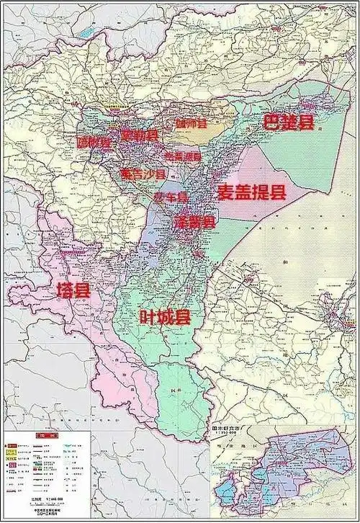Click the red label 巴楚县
coord(288,122)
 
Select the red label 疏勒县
coord(139,135)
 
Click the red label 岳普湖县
coord(184,156)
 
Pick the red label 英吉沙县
coord(143,174)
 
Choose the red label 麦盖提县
coord(251,192)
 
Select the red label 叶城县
coord(165,316)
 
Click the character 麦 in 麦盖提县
coord(226,192)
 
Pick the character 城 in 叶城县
coord(165,316)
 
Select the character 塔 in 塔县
coord(65,290)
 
